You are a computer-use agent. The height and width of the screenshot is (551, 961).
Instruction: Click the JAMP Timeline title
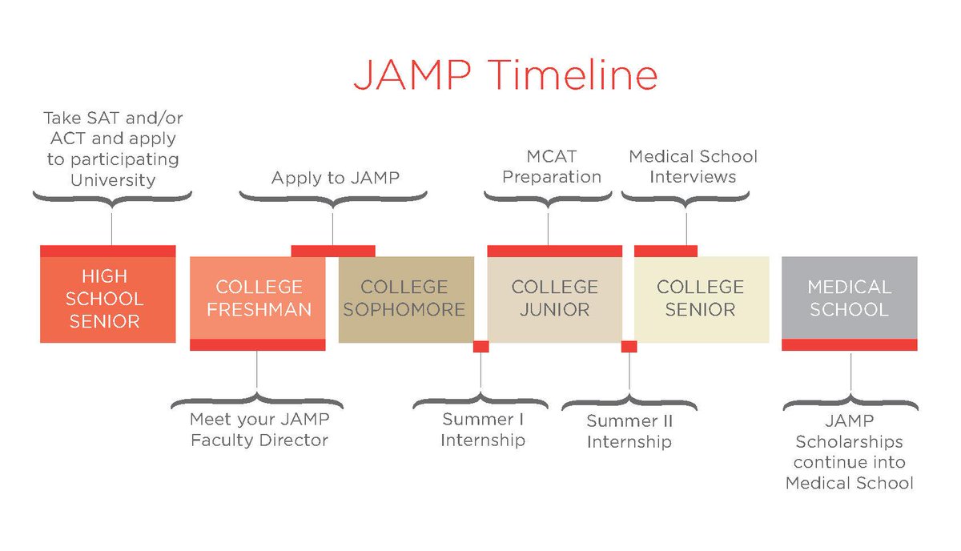(x=506, y=74)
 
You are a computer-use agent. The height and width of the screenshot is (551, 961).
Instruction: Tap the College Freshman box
(x=258, y=298)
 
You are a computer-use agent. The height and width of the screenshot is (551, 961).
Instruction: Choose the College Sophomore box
(x=405, y=298)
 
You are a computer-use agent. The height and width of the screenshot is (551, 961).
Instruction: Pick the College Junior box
(x=554, y=298)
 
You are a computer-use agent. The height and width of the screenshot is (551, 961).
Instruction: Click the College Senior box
(x=701, y=298)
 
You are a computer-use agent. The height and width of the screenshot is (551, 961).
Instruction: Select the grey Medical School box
(x=849, y=298)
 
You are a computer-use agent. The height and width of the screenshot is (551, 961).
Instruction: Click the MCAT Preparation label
(x=552, y=167)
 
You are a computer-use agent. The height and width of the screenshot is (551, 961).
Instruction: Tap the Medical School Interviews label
(x=693, y=167)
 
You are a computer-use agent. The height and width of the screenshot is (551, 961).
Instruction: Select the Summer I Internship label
(x=482, y=430)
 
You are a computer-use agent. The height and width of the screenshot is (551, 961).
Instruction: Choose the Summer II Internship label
(x=629, y=432)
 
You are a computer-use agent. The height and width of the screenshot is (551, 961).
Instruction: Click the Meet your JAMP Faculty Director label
(x=259, y=430)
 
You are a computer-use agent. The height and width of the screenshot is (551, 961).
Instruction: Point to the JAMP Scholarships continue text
(x=849, y=452)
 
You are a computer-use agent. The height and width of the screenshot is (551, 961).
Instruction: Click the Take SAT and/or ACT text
(x=112, y=149)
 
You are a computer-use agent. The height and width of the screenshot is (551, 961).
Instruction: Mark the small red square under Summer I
(x=480, y=347)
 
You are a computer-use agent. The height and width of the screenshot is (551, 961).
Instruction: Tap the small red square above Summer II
(x=629, y=347)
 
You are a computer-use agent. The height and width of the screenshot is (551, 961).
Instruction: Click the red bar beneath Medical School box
(x=849, y=344)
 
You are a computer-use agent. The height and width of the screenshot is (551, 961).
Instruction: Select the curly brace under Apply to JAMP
(x=333, y=199)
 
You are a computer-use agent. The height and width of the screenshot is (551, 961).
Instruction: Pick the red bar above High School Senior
(x=107, y=251)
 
